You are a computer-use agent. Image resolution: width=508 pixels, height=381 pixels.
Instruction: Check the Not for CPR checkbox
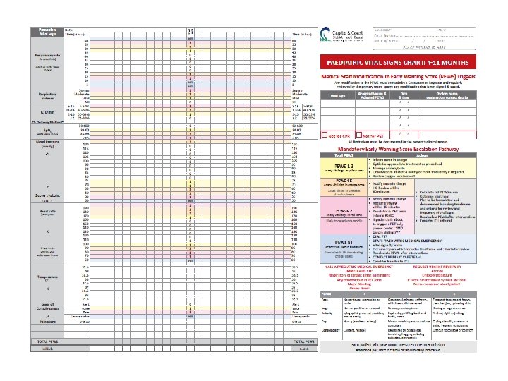click(325, 135)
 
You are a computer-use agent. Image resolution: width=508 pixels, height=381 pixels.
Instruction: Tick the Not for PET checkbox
click(359, 135)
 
